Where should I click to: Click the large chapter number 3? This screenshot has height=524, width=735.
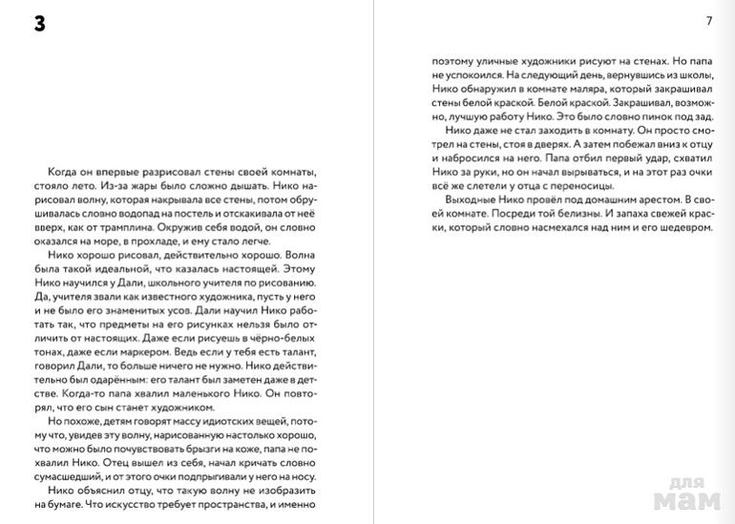39,25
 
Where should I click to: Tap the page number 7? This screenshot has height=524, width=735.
707,21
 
